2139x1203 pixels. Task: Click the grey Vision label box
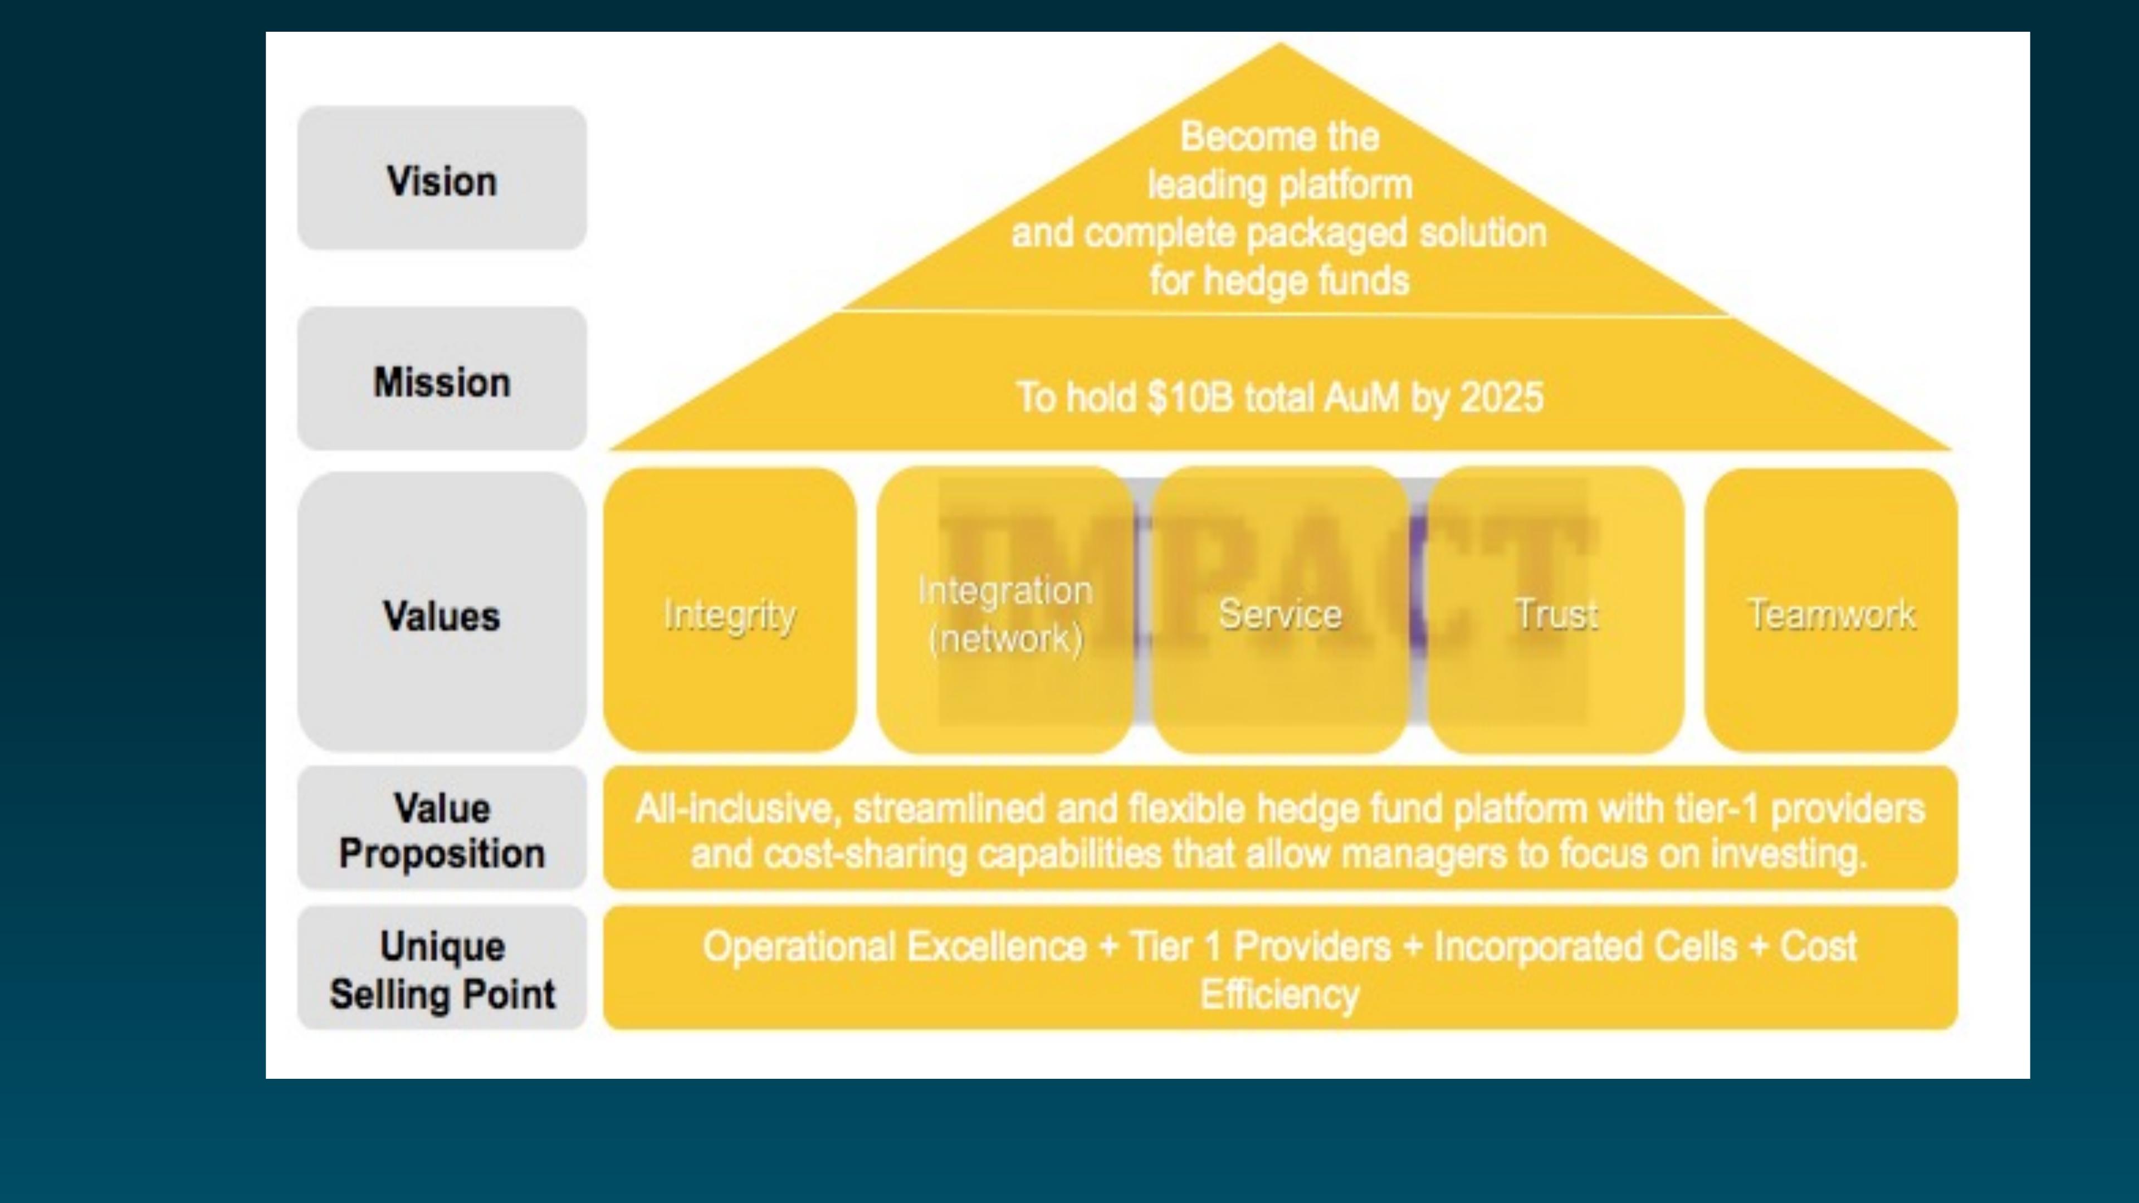click(442, 178)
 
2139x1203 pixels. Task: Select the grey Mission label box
click(442, 379)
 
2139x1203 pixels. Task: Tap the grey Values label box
click(442, 613)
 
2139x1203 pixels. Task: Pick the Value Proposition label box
click(442, 829)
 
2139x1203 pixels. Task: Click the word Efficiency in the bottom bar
click(1280, 994)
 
